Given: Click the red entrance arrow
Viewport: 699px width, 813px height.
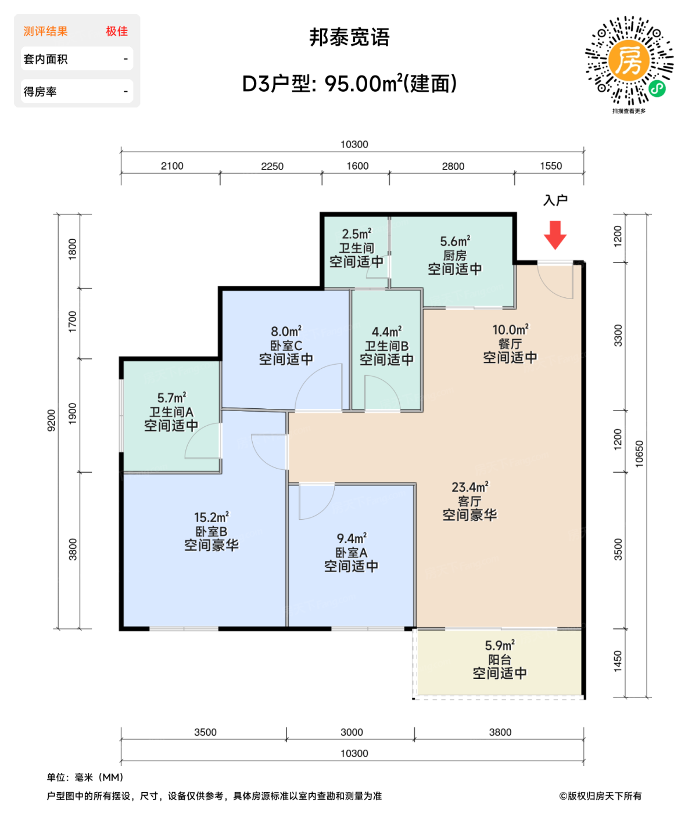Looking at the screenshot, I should click(x=555, y=235).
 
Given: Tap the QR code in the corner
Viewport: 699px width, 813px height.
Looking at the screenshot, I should click(x=629, y=61).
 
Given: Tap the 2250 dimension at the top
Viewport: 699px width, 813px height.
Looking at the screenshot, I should click(x=272, y=167).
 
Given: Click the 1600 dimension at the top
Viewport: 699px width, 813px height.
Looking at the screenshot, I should click(x=357, y=166).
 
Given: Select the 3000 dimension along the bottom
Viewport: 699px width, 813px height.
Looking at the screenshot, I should click(x=352, y=732).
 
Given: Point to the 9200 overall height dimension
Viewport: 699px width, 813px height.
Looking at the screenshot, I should click(x=52, y=420).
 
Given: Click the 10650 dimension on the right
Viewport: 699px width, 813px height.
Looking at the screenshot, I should click(x=639, y=454).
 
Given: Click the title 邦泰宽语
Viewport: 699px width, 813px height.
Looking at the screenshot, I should click(x=349, y=38).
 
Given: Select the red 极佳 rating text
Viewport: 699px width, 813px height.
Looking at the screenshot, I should click(x=117, y=31).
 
